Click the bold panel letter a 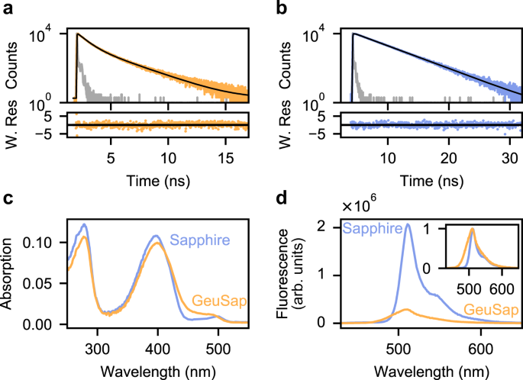coord(8,9)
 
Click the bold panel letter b coord(280,9)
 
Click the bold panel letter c coord(8,199)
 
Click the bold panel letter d coord(280,199)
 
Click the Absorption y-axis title coord(9,275)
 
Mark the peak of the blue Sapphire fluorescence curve coord(408,224)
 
